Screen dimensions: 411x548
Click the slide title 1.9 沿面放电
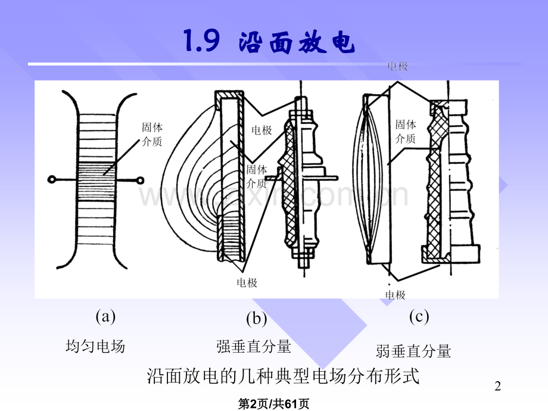[x=267, y=42]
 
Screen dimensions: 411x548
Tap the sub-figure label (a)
[x=105, y=316]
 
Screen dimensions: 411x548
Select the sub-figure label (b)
[x=256, y=319]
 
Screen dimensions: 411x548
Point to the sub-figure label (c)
[x=419, y=316]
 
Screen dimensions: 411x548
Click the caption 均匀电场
[x=95, y=346]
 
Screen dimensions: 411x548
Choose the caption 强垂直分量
[x=254, y=346]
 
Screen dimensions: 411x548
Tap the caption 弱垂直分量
[x=413, y=351]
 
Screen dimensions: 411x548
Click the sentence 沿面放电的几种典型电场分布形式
[x=283, y=376]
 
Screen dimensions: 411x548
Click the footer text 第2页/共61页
[x=273, y=404]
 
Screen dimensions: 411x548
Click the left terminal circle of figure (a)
[x=52, y=179]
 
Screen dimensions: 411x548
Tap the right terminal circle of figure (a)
[x=141, y=179]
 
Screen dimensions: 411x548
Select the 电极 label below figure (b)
[x=247, y=283]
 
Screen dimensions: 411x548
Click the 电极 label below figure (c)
[x=395, y=295]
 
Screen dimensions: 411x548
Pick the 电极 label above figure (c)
[x=398, y=67]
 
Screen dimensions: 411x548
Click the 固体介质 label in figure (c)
[x=406, y=132]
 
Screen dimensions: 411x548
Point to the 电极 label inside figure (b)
[x=261, y=130]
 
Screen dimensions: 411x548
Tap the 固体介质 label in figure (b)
[x=257, y=176]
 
